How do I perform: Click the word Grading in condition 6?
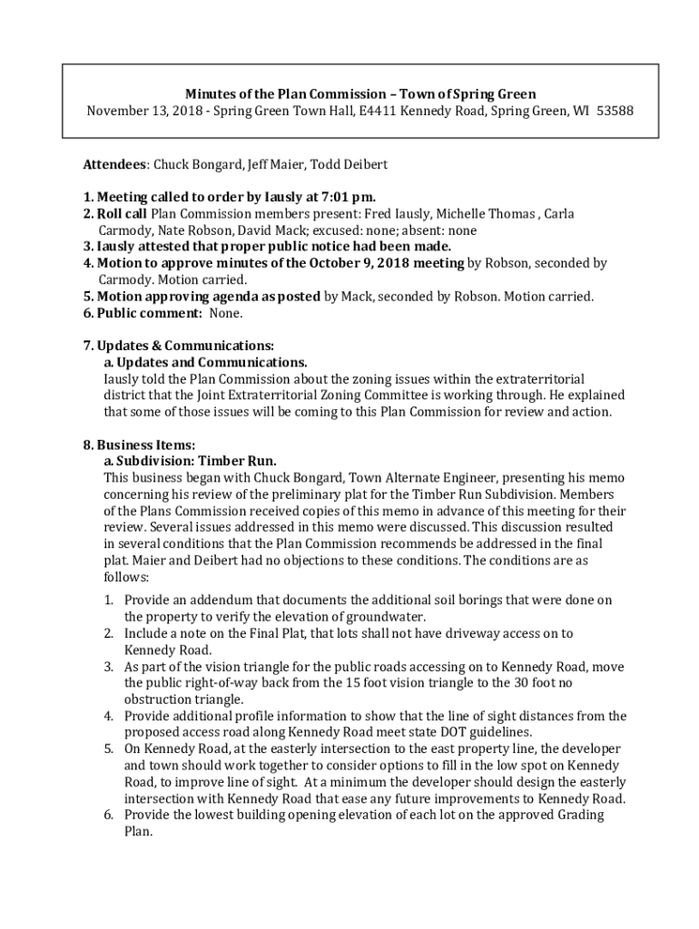pyautogui.click(x=577, y=815)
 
